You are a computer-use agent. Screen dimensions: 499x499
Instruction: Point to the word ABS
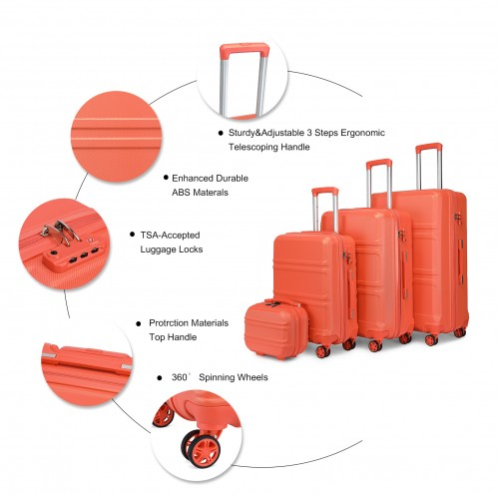coord(184,192)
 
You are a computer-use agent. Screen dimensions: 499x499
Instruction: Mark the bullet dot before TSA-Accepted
coord(131,235)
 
